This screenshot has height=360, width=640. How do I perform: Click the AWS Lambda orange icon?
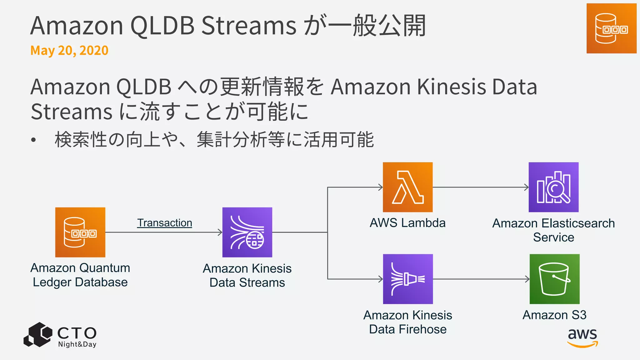(x=408, y=187)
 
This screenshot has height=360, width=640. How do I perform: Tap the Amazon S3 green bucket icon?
(x=554, y=279)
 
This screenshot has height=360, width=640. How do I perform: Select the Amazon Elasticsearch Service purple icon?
(x=553, y=187)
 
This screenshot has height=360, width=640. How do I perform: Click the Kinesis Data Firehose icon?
(x=408, y=279)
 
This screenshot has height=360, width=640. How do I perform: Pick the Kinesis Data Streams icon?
(x=247, y=232)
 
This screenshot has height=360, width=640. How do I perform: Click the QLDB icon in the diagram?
(x=80, y=232)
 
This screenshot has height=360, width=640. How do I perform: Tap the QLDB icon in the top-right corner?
(x=611, y=28)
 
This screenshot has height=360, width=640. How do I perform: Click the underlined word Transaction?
(x=164, y=223)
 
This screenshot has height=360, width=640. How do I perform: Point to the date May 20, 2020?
(x=69, y=51)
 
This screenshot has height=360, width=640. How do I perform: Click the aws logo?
(x=582, y=337)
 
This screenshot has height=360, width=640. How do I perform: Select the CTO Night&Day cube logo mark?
(x=38, y=335)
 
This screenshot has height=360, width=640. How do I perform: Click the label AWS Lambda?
(x=407, y=223)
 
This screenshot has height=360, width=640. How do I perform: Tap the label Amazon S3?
(x=554, y=315)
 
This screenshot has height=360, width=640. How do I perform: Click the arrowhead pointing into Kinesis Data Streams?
(x=220, y=232)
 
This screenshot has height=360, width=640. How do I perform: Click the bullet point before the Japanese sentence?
(x=33, y=140)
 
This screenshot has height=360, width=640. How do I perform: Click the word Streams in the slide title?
(x=249, y=26)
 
